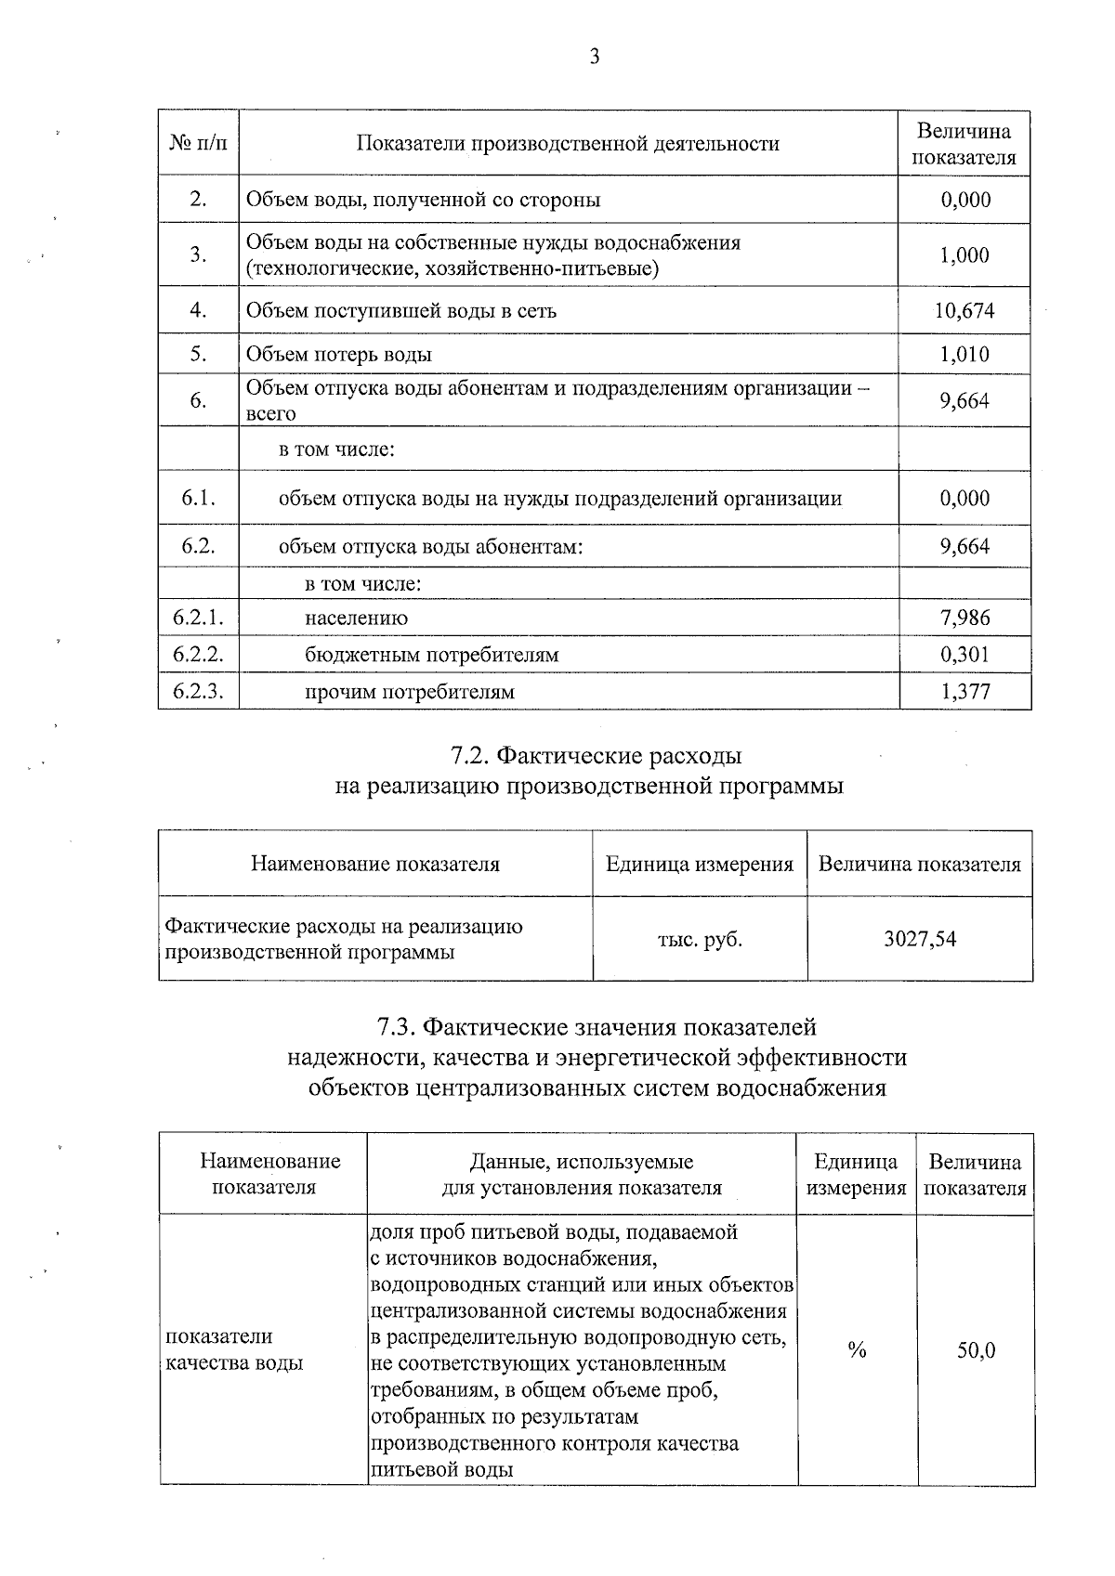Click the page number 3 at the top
tap(595, 58)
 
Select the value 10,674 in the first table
tap(964, 310)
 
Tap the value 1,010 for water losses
tap(964, 354)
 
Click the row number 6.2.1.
tap(198, 618)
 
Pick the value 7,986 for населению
tap(964, 618)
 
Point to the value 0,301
tap(964, 655)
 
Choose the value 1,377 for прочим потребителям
tap(964, 691)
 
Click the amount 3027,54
tap(920, 939)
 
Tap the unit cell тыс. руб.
tap(700, 939)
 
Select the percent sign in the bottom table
tap(857, 1350)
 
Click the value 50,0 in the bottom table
tap(977, 1350)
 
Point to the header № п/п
tap(198, 144)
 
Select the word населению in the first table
tap(356, 618)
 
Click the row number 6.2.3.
tap(198, 691)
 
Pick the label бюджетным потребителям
tap(431, 655)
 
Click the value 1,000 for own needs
tap(964, 255)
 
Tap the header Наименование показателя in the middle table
tap(374, 864)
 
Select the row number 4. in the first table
tap(198, 310)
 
